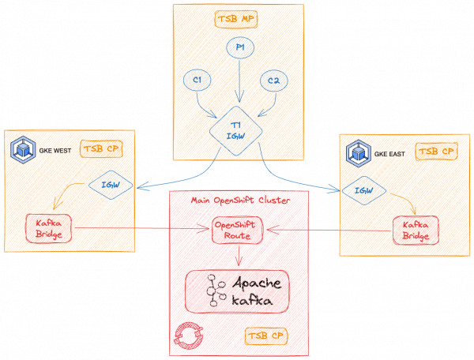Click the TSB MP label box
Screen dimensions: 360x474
[x=238, y=19]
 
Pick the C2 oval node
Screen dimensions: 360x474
[x=273, y=81]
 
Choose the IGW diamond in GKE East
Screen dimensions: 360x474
[x=363, y=190]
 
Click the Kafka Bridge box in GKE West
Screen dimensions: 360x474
[x=48, y=228]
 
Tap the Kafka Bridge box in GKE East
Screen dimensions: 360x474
[x=416, y=231]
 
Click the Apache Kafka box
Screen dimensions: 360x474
[x=237, y=291]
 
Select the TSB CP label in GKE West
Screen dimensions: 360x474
[x=104, y=148]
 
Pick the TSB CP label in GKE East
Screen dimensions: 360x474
[x=435, y=151]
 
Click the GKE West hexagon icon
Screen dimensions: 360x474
[x=21, y=149]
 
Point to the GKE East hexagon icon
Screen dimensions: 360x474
[x=359, y=152]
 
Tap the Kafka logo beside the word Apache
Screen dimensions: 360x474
[x=213, y=291]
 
